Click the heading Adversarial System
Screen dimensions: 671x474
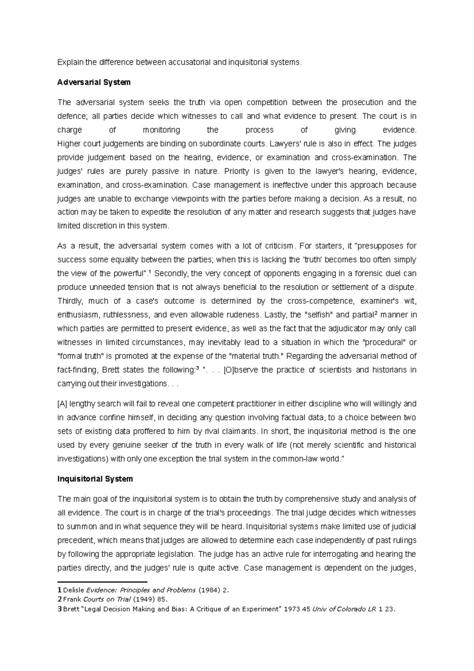94,82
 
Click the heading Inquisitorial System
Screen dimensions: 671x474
95,479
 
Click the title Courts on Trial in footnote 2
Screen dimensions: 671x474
107,599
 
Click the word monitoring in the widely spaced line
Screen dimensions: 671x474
161,130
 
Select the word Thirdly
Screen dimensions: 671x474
70,301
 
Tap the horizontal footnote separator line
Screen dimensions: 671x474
102,582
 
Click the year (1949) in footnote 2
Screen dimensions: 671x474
144,599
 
